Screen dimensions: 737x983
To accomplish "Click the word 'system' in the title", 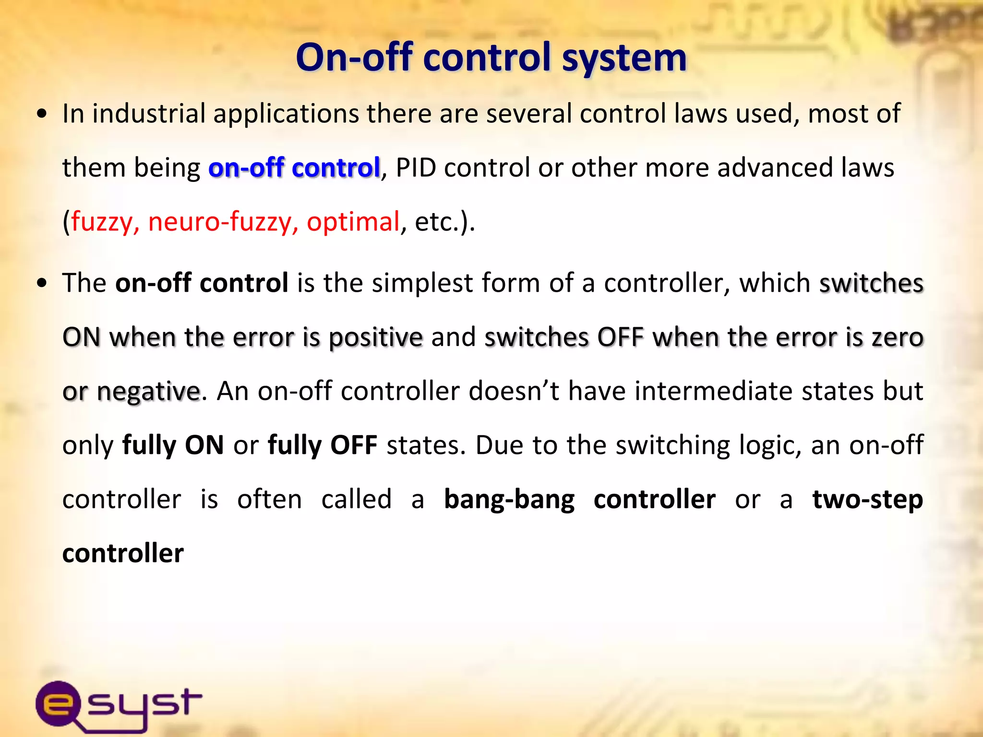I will pos(624,58).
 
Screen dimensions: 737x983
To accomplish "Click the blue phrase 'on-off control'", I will pos(294,168).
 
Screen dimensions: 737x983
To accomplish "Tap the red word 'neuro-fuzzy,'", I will pos(223,222).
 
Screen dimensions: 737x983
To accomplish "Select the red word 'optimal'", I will pos(353,222).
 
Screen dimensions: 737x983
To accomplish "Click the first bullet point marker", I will pos(42,115).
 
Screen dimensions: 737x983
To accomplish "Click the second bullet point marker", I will pos(42,284).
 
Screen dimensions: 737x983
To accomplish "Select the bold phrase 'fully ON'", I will pos(173,445).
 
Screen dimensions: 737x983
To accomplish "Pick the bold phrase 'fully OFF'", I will pos(322,445).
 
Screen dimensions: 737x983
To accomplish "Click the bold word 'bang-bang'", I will pos(509,500).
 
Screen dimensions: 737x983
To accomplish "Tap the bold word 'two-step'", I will pos(867,500).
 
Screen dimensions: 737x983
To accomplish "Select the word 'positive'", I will pos(375,337).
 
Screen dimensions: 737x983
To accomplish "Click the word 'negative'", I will pos(148,392).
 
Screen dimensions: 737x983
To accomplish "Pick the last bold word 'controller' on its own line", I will pos(123,553).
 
